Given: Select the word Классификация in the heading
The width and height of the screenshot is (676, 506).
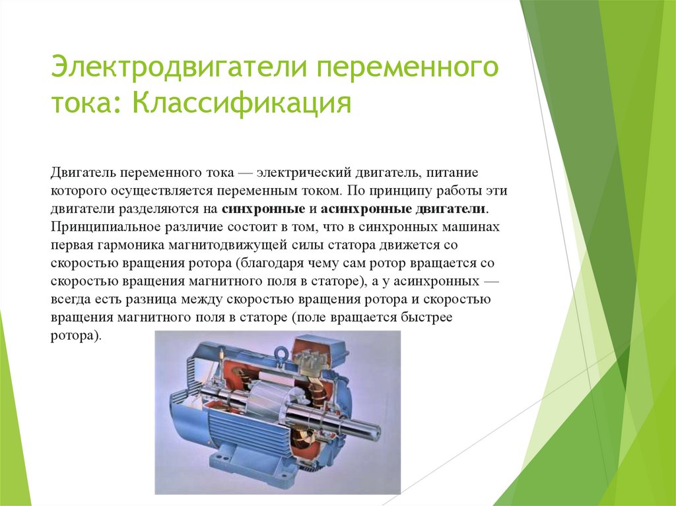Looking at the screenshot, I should coord(242,104).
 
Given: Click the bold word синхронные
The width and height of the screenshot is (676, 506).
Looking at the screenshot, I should coord(262,209).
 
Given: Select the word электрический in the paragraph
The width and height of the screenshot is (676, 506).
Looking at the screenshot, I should coord(298,172).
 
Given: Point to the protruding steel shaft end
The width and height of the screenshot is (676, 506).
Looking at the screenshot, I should coord(367,429).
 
